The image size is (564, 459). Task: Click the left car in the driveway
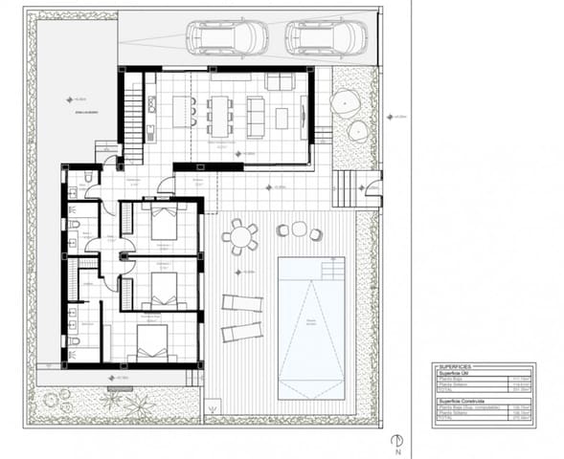click(x=227, y=38)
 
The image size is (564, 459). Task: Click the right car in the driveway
click(x=326, y=38)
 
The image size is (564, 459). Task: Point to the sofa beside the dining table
click(x=256, y=115)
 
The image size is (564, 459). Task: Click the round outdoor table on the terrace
click(x=240, y=235)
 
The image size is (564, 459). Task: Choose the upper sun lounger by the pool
click(x=241, y=303)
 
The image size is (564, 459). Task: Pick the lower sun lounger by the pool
click(x=241, y=332)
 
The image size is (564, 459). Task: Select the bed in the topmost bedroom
click(x=164, y=225)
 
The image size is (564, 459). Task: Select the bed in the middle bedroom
click(x=163, y=287)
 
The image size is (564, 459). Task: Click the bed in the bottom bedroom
click(x=151, y=344)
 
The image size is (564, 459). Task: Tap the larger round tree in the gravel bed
click(x=345, y=102)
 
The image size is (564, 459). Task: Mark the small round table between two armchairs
click(x=299, y=229)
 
